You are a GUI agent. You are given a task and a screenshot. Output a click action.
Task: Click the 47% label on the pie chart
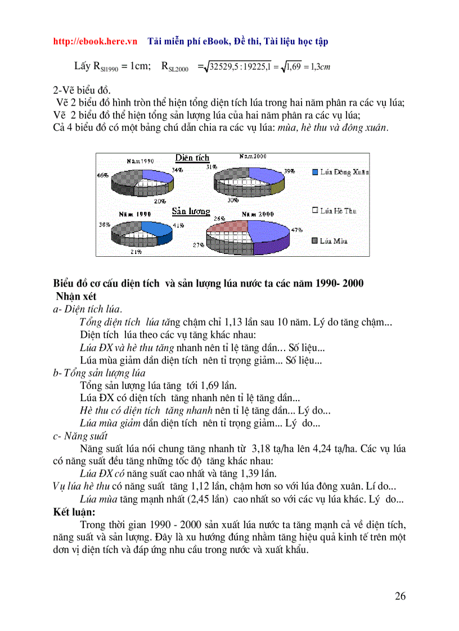click(297, 230)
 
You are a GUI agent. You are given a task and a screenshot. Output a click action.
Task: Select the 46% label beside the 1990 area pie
click(102, 175)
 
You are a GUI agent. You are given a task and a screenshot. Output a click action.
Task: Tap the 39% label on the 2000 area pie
click(290, 171)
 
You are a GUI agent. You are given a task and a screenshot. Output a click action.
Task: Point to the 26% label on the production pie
click(219, 219)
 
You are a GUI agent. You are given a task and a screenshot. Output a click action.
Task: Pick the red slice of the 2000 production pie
click(231, 226)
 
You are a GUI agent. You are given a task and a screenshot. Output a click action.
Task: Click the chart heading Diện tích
click(192, 158)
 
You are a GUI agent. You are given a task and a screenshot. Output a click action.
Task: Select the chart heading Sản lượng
click(191, 212)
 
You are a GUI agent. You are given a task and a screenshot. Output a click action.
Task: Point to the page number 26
click(400, 596)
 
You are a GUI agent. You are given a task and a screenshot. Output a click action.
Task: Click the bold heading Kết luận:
click(74, 512)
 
